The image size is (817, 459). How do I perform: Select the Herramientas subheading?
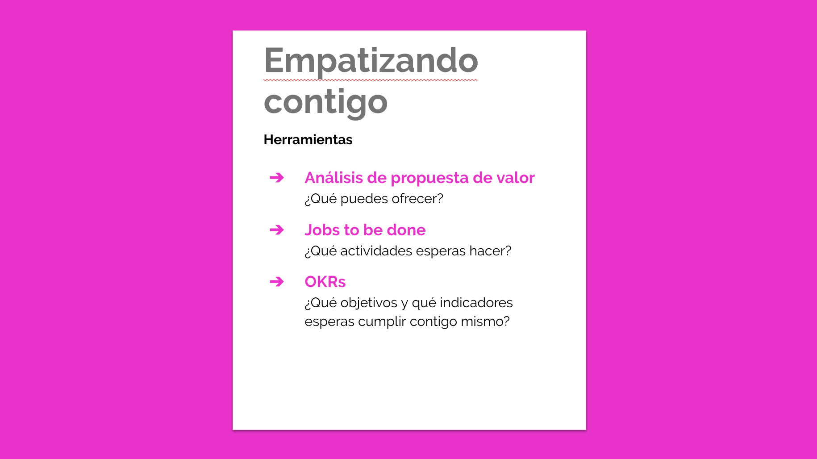308,140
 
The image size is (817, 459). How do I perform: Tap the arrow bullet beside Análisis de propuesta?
277,178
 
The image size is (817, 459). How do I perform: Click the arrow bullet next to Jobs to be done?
277,230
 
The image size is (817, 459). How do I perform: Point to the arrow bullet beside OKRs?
277,282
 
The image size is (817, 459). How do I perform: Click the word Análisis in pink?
334,178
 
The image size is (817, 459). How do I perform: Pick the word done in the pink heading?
406,230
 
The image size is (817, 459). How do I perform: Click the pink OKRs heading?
325,282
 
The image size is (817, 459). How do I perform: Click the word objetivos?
369,304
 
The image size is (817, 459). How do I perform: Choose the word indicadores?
476,303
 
